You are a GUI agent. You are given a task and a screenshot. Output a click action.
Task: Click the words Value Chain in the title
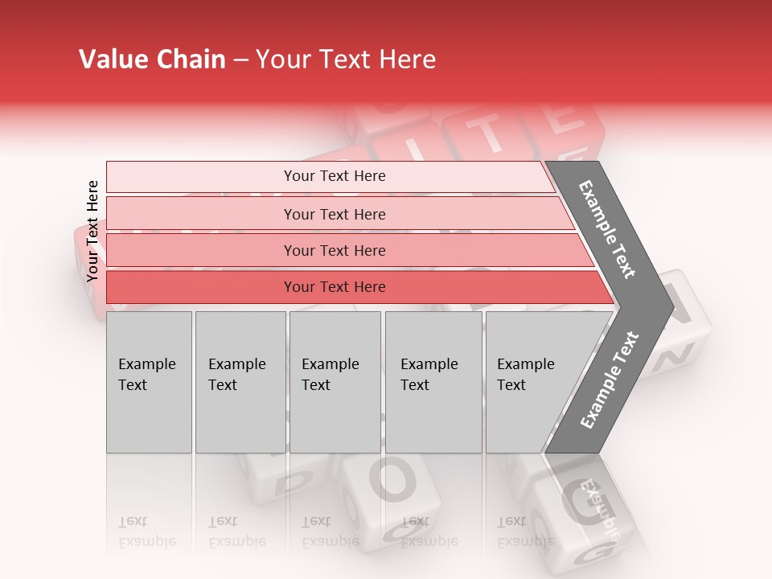pyautogui.click(x=152, y=60)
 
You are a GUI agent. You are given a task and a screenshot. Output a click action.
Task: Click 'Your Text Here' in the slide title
pyautogui.click(x=346, y=60)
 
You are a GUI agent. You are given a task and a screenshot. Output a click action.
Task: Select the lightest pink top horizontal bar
pyautogui.click(x=334, y=176)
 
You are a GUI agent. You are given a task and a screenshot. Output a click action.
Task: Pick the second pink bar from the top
pyautogui.click(x=334, y=214)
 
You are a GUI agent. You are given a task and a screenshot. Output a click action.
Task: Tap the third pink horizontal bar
pyautogui.click(x=334, y=250)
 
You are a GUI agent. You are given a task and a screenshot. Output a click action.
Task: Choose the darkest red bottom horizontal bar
pyautogui.click(x=334, y=286)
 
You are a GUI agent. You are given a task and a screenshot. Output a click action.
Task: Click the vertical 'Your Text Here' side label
pyautogui.click(x=92, y=231)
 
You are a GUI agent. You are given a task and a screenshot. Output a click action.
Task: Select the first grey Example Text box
pyautogui.click(x=149, y=381)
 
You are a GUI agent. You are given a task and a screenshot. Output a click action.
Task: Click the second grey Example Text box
pyautogui.click(x=240, y=381)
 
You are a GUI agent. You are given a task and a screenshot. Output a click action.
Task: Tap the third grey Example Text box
pyautogui.click(x=334, y=381)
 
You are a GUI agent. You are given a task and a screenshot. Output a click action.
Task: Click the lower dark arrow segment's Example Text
pyautogui.click(x=609, y=380)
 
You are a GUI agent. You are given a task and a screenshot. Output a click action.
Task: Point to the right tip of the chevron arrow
pyautogui.click(x=673, y=306)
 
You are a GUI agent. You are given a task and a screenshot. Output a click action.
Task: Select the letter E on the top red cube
pyautogui.click(x=565, y=118)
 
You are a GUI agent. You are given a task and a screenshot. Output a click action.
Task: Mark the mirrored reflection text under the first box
pyautogui.click(x=146, y=532)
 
